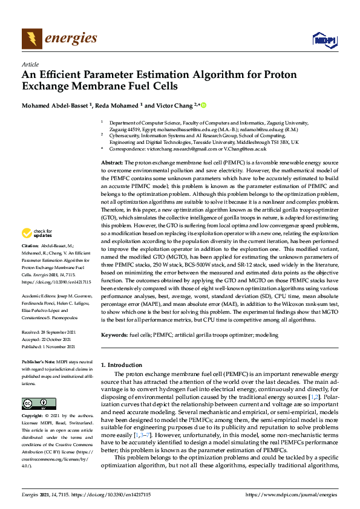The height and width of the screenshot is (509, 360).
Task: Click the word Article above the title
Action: pyautogui.click(x=30, y=64)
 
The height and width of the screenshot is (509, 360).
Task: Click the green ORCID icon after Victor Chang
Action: pyautogui.click(x=203, y=105)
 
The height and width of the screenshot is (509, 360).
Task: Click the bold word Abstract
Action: pyautogui.click(x=112, y=163)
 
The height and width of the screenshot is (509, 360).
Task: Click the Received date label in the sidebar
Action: pyautogui.click(x=31, y=332)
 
